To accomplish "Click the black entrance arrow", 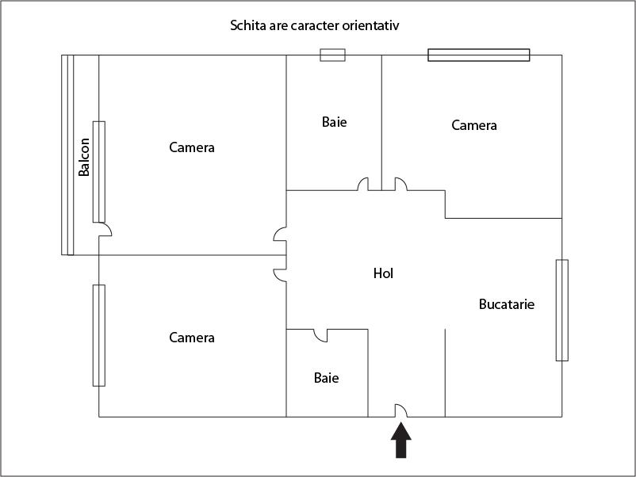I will [x=401, y=441].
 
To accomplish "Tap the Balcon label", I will [x=84, y=158].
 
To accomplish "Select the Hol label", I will [x=383, y=273].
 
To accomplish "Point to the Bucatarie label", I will [x=507, y=304].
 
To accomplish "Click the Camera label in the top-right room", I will [x=474, y=125].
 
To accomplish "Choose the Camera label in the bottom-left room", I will [x=192, y=338].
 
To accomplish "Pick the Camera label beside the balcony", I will [x=192, y=147].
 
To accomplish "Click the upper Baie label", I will [x=335, y=122].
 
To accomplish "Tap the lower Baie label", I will [x=326, y=378].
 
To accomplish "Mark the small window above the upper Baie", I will [x=332, y=55].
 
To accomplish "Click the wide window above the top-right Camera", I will [x=479, y=55].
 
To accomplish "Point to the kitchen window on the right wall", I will [x=562, y=310].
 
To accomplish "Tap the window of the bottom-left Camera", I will [x=99, y=335].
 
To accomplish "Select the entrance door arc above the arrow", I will [x=401, y=410].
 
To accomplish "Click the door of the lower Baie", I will [x=320, y=335].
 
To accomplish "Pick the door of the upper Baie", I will [x=364, y=184].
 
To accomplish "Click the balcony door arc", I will [x=105, y=230].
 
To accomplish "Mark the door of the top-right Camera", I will [x=400, y=184].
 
